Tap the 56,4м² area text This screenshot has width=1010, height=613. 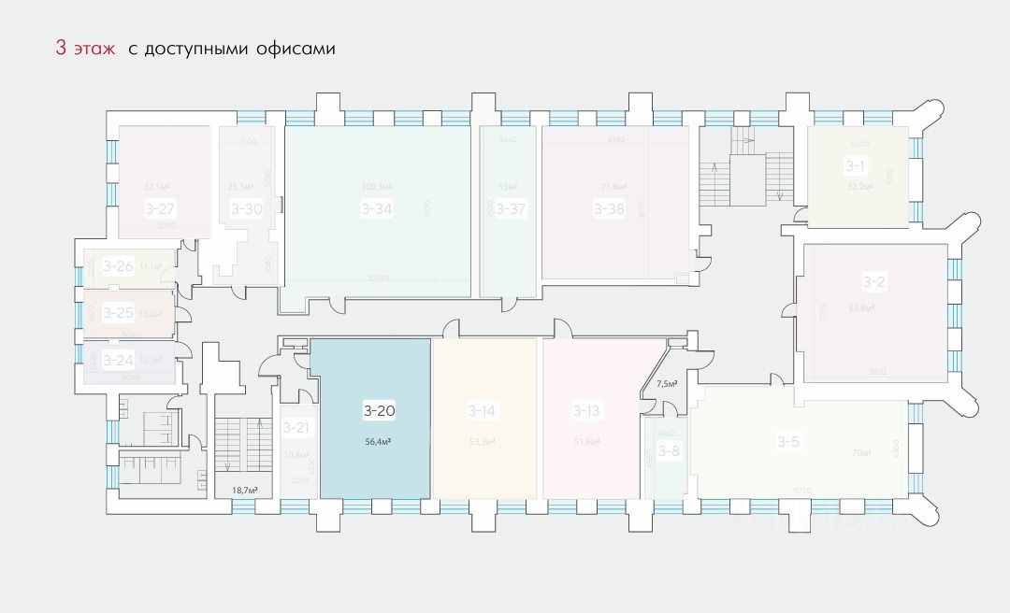[x=378, y=444]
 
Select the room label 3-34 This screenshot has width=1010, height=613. [x=376, y=208]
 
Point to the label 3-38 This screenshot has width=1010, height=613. [x=609, y=208]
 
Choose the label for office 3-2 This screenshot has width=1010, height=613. [x=873, y=280]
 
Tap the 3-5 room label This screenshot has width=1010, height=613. [x=787, y=442]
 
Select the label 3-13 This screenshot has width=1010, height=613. [x=586, y=409]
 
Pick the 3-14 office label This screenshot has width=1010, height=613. [x=482, y=409]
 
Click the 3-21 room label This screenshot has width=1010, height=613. [x=296, y=427]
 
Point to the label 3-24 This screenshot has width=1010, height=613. [x=118, y=360]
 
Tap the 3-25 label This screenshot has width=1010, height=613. [x=118, y=312]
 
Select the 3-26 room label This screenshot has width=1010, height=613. [x=118, y=265]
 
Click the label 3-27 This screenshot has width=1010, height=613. [x=161, y=208]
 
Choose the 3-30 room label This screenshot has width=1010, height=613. [x=247, y=208]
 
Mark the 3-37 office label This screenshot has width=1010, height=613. [x=511, y=208]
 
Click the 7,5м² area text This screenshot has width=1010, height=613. [x=667, y=383]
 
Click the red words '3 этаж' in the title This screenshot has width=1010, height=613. [x=85, y=49]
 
